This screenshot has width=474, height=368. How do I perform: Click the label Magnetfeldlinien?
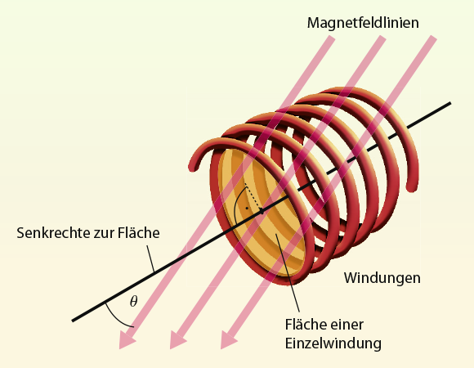(363, 23)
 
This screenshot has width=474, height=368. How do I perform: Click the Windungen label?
(382, 278)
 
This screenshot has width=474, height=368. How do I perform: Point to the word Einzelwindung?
(333, 343)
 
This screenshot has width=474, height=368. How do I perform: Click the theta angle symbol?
(133, 301)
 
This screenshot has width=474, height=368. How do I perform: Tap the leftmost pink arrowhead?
(127, 339)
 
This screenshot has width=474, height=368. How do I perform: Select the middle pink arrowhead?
(178, 339)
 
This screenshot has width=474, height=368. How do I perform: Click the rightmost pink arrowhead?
(229, 339)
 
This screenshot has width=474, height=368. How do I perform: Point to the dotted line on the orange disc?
(253, 196)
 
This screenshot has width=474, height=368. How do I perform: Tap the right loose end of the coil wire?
(412, 186)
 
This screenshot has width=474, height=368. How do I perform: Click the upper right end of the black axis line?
(450, 103)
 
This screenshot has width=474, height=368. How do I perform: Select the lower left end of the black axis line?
(73, 321)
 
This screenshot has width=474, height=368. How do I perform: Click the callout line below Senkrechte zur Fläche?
(151, 259)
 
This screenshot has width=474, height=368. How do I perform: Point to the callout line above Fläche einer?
(287, 272)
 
